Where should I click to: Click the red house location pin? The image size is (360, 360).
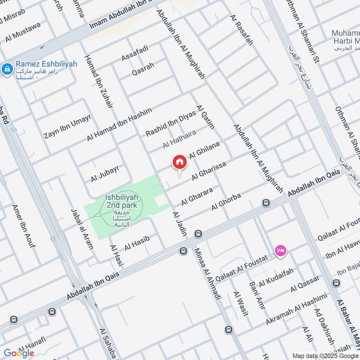tap(179, 162)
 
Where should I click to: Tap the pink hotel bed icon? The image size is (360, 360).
tap(280, 250)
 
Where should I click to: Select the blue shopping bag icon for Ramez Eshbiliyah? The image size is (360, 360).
tap(7, 69)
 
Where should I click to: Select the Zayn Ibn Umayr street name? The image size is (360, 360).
tap(67, 126)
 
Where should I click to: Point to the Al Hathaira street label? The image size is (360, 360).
tap(180, 138)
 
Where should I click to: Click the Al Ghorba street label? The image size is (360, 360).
tap(226, 202)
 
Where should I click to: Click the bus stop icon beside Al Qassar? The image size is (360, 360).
tap(336, 283)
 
